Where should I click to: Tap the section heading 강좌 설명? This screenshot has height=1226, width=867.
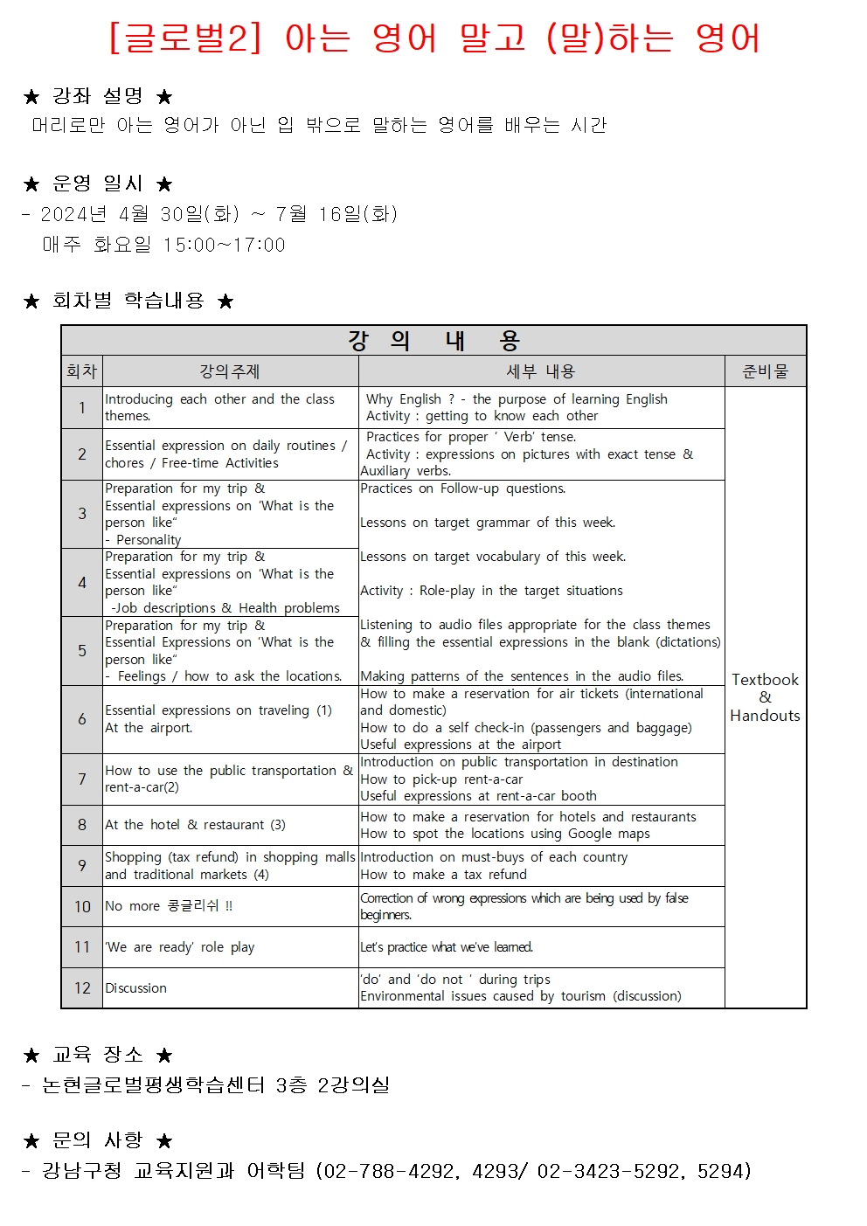(x=97, y=96)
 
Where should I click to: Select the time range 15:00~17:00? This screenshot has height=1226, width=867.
(x=225, y=246)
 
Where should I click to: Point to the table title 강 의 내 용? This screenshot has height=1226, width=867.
(x=433, y=340)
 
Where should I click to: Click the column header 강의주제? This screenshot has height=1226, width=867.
(x=230, y=371)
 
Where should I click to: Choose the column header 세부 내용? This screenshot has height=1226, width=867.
(x=541, y=371)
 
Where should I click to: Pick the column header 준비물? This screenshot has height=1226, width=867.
(x=765, y=371)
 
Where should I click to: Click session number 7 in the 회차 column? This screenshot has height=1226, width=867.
(x=82, y=779)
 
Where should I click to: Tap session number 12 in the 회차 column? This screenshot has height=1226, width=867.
(x=82, y=987)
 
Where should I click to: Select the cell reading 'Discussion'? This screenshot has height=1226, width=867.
(x=136, y=987)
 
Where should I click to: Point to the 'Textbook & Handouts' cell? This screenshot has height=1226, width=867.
(x=765, y=697)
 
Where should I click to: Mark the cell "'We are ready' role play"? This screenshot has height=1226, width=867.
(x=180, y=947)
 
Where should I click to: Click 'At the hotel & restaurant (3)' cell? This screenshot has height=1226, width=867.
(x=195, y=825)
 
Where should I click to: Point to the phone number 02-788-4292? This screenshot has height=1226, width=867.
(x=389, y=1171)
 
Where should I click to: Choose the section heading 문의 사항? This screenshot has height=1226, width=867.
(x=97, y=1140)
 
